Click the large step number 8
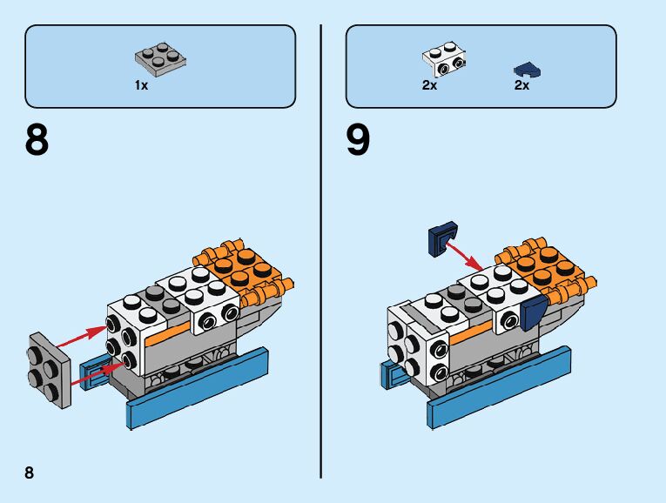[x=37, y=140]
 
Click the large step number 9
[x=358, y=140]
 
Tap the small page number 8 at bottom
[x=30, y=473]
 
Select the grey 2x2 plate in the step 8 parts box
[x=160, y=57]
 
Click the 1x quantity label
[x=141, y=85]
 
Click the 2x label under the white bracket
[x=429, y=86]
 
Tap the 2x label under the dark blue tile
[x=521, y=86]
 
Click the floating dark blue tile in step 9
[x=444, y=239]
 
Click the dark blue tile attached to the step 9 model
[x=532, y=312]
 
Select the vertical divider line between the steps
[x=322, y=252]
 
